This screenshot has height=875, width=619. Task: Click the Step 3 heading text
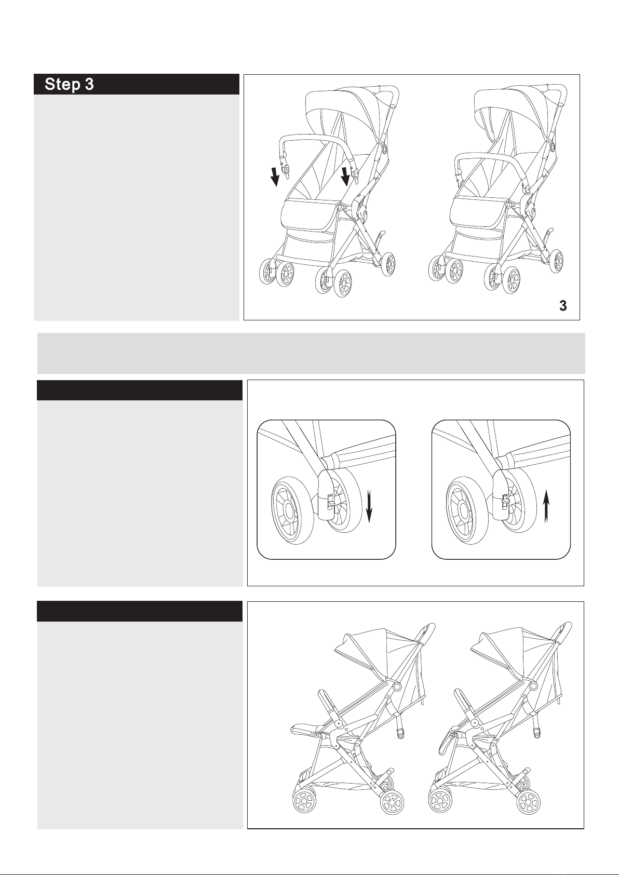point(69,84)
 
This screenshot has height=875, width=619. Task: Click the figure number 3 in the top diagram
point(563,305)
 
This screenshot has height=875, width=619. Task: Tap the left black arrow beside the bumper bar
point(275,177)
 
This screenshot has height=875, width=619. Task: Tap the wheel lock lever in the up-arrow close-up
point(505,501)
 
